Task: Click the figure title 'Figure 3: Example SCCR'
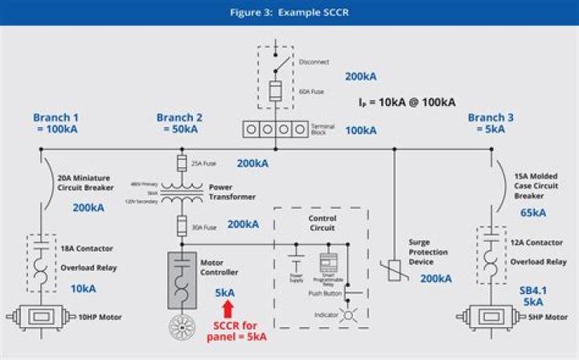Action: [289, 12]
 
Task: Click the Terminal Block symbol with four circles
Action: [275, 129]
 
